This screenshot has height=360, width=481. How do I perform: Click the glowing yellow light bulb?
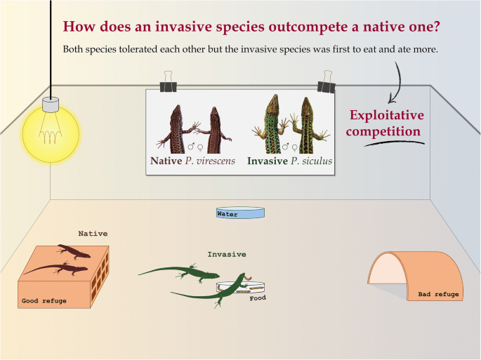51,134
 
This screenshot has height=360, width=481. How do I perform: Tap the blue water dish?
240,213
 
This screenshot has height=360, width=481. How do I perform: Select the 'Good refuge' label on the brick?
44,301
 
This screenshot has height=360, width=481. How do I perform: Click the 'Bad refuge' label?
438,294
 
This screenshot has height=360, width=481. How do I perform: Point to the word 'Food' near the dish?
258,298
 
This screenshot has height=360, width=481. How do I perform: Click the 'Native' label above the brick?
93,234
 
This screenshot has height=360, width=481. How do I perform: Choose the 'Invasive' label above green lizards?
227,254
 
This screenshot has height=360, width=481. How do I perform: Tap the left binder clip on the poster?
168,82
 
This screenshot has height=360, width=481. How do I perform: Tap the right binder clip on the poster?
327,82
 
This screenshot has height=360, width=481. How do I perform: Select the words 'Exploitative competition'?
386,123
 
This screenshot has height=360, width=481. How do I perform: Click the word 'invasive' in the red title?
183,27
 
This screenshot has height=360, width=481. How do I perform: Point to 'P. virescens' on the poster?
210,161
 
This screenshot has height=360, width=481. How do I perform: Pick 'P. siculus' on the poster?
311,161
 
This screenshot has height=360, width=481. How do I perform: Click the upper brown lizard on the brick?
74,251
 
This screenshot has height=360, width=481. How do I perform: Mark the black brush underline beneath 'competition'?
395,143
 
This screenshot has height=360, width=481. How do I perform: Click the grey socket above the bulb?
51,105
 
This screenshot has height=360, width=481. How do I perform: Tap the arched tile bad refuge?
416,276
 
